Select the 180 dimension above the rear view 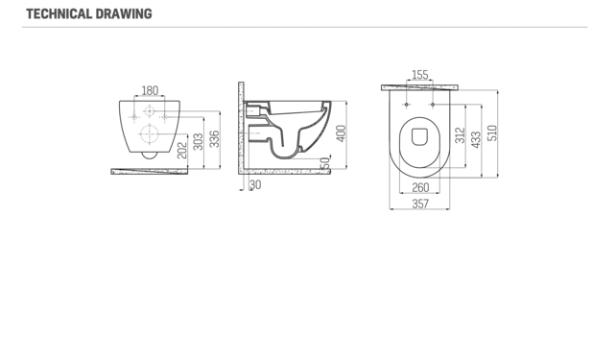[x=149, y=91]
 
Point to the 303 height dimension [x=199, y=142]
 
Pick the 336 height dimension [x=214, y=137]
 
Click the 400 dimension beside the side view [x=341, y=133]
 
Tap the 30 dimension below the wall [x=254, y=184]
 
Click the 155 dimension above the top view [x=419, y=75]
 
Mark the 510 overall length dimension [x=493, y=132]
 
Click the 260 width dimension [x=419, y=188]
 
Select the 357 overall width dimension [x=419, y=204]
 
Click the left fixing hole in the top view [x=407, y=104]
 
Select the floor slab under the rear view [x=149, y=173]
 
